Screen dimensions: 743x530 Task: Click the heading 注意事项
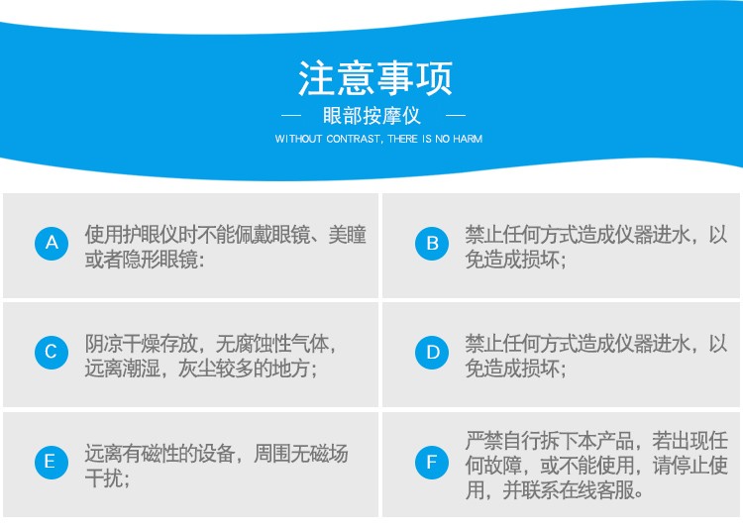tap(374, 78)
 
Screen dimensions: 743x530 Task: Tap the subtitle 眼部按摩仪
tap(371, 116)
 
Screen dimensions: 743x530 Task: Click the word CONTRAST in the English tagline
tap(353, 139)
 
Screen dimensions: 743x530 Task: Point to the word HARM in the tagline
tap(468, 139)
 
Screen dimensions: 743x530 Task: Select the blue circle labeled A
tap(52, 244)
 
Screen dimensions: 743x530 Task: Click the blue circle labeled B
tap(432, 244)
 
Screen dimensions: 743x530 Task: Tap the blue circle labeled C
tap(52, 353)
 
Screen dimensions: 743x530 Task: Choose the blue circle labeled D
tap(432, 353)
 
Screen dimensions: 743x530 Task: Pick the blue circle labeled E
tap(52, 463)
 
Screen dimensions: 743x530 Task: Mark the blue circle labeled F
tap(432, 463)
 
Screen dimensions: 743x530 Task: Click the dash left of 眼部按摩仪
tap(291, 115)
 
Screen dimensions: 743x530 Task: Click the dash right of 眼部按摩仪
tap(456, 115)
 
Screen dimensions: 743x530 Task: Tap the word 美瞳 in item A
tap(348, 235)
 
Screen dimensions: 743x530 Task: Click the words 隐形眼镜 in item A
tap(159, 260)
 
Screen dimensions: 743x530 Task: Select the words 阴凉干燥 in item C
tap(122, 344)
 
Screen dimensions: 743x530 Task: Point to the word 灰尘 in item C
tap(197, 369)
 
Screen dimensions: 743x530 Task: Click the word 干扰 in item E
tap(103, 478)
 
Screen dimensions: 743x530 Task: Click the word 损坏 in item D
tap(540, 369)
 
